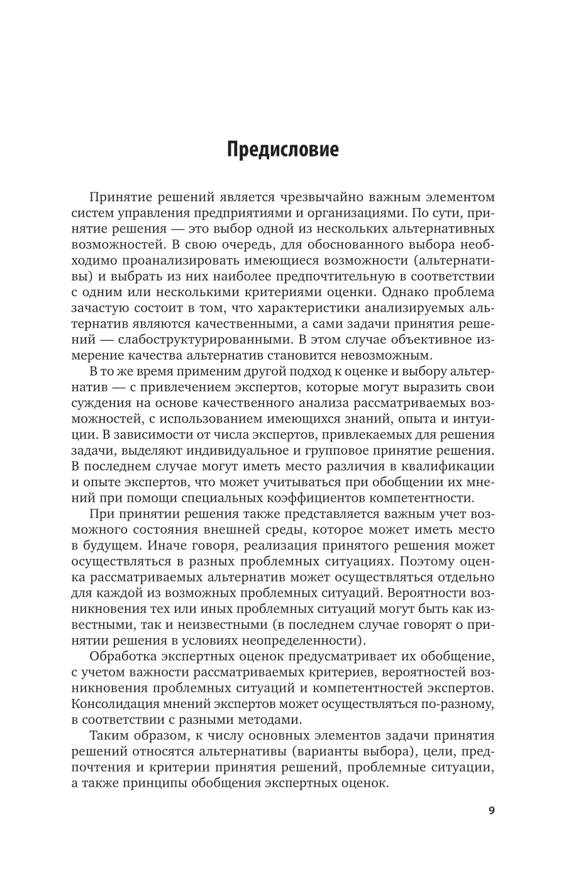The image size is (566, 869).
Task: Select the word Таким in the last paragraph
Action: click(x=109, y=736)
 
